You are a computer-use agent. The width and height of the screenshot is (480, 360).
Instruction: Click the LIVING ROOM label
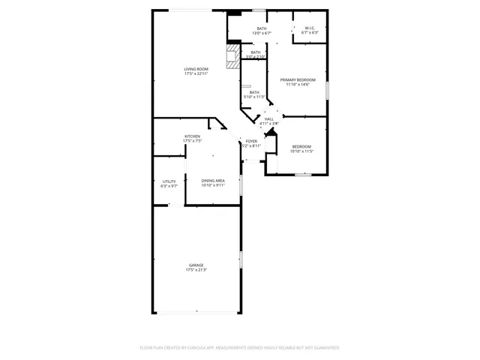196,69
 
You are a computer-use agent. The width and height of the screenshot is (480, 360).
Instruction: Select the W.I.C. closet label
310,28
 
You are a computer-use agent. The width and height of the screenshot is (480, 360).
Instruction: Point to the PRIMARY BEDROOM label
298,79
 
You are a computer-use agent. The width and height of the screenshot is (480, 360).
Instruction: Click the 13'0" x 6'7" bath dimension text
262,34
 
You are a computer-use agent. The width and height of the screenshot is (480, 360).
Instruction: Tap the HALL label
269,118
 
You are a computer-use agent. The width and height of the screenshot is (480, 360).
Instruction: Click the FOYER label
251,141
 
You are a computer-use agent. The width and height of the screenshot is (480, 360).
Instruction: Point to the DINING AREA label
213,180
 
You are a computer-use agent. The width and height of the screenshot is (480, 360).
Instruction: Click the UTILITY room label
169,181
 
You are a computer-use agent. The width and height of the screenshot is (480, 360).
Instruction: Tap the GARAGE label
196,265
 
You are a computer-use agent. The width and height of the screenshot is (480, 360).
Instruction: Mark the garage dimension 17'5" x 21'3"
196,270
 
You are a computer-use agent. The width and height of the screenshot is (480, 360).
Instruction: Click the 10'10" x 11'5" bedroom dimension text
301,151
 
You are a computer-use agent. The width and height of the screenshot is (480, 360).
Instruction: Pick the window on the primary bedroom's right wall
327,91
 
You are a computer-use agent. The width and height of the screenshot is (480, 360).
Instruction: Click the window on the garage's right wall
241,259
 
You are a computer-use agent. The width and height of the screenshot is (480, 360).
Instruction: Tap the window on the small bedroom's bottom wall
302,175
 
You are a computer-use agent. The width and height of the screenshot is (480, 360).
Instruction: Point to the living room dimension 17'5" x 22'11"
196,74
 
